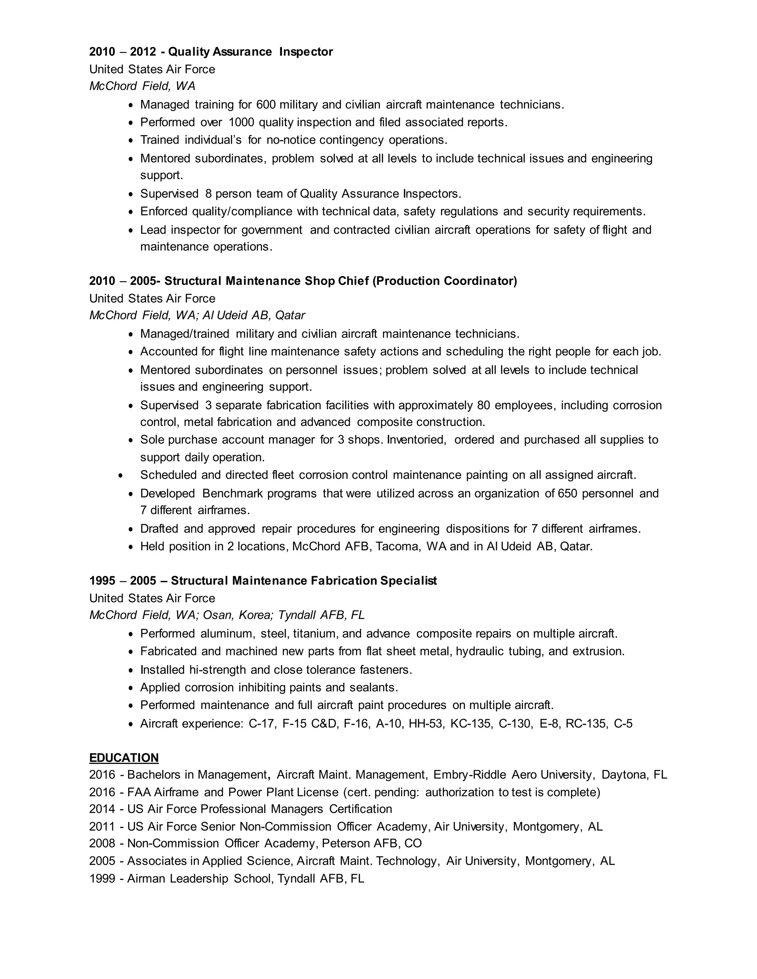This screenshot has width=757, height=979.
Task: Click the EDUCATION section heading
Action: click(124, 758)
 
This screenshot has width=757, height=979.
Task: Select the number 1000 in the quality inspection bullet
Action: click(241, 122)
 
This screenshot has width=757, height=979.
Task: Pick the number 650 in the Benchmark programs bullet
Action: click(567, 494)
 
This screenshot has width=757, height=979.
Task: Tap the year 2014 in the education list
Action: click(102, 809)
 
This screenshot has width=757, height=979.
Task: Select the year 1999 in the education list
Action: click(102, 879)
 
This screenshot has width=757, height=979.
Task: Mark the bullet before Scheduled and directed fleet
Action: click(120, 475)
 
